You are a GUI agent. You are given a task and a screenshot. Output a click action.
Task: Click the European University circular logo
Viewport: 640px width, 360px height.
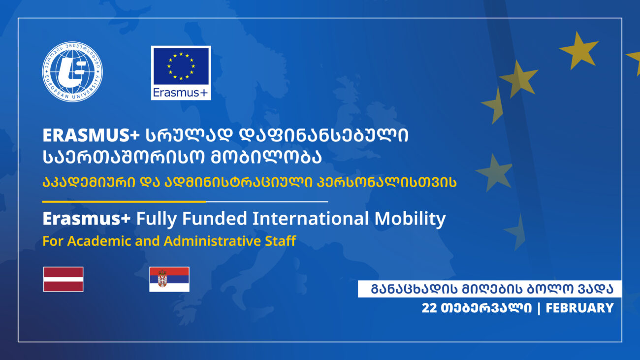(72, 72)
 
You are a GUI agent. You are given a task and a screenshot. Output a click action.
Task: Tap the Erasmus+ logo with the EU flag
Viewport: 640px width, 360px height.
(181, 73)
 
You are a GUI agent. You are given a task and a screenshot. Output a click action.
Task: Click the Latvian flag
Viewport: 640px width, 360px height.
(64, 279)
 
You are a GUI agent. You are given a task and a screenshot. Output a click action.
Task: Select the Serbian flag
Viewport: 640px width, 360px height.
(169, 279)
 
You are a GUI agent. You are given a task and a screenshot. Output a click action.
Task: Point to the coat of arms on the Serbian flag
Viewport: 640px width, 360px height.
(162, 279)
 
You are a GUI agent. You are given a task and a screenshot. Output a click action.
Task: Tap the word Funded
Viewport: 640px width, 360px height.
(215, 219)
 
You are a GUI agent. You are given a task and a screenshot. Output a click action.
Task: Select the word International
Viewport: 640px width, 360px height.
(311, 219)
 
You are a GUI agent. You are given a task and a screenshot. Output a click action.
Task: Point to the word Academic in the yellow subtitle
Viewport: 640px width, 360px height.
(99, 241)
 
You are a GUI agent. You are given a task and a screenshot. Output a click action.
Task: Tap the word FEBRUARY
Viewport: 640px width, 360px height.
(580, 308)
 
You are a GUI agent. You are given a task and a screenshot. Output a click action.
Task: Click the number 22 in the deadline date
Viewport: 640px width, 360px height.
(429, 308)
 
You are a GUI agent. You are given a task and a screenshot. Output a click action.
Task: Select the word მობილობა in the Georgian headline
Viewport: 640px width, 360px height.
(266, 158)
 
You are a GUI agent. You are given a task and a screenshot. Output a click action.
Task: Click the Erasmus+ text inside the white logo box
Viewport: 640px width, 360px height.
(180, 93)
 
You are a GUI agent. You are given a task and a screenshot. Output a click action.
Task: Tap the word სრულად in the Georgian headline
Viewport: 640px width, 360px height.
(189, 135)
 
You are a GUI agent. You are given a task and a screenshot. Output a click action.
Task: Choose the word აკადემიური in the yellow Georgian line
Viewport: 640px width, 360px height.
(89, 182)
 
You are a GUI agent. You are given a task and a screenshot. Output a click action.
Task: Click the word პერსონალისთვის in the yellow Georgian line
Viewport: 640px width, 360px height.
(386, 182)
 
